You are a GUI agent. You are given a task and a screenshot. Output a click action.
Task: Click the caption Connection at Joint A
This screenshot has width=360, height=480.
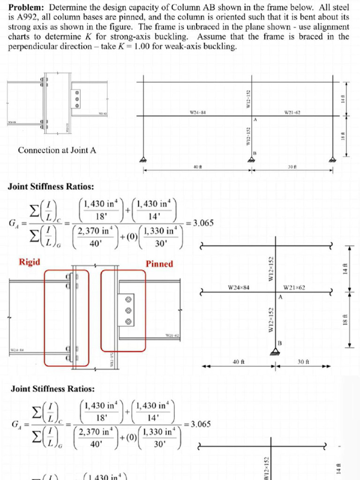(x=57, y=150)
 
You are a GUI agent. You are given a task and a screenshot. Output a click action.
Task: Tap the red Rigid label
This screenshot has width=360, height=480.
(x=29, y=262)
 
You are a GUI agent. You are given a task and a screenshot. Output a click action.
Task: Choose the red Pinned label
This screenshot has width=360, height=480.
(x=159, y=264)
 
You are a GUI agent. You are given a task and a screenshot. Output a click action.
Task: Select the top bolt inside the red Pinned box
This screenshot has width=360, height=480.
(x=127, y=299)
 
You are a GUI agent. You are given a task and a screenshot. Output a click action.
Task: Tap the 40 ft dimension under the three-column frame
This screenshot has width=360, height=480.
(x=197, y=167)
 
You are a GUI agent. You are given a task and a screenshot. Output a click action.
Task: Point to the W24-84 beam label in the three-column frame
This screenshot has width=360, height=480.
(x=197, y=112)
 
